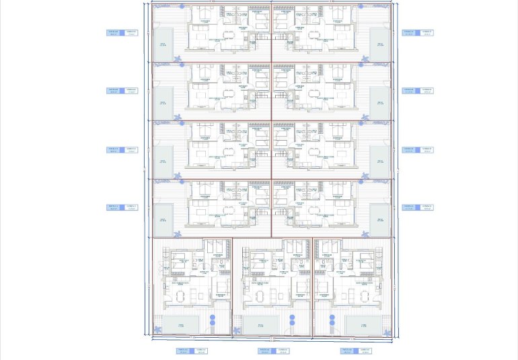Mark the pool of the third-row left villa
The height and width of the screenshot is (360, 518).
pos(162,160)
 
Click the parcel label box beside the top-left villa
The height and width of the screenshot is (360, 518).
pos(122,32)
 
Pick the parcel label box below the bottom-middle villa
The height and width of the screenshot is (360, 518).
pos(273,351)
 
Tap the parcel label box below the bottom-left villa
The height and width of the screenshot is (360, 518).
pos(191,351)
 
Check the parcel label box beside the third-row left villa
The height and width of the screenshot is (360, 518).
pos(122,149)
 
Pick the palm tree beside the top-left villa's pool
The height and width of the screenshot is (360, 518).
pos(178,59)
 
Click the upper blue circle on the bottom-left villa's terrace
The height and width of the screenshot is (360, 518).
pos(211,317)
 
